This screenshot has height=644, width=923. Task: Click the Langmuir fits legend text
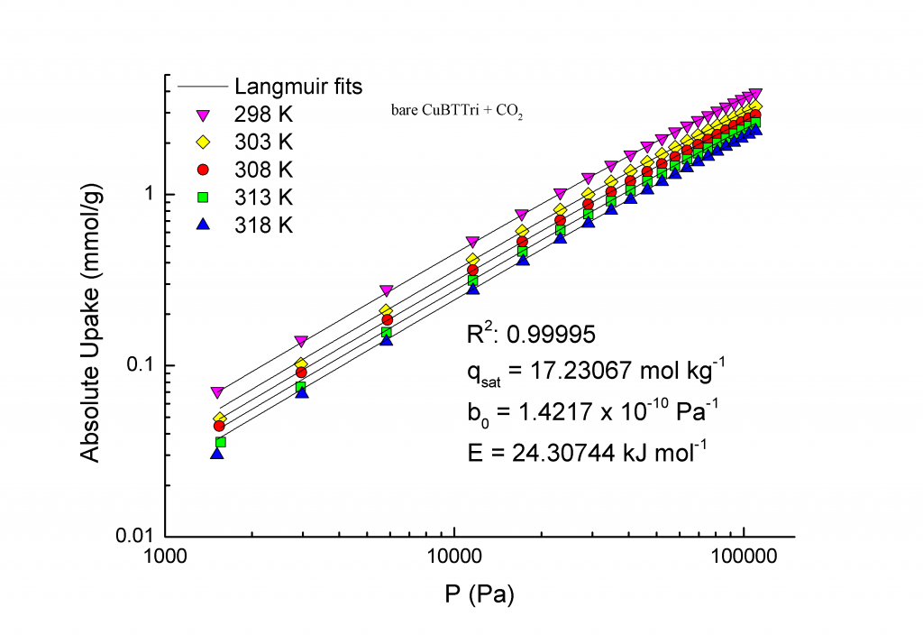click(x=298, y=87)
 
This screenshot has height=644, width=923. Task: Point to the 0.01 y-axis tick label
click(x=135, y=536)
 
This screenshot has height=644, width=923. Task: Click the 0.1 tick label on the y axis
click(x=141, y=365)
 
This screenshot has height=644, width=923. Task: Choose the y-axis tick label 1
click(x=148, y=195)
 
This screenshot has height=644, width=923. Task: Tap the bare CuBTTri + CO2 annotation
click(x=452, y=115)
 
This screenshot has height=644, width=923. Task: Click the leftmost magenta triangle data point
click(x=217, y=392)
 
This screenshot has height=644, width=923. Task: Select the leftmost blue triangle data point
click(x=217, y=453)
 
